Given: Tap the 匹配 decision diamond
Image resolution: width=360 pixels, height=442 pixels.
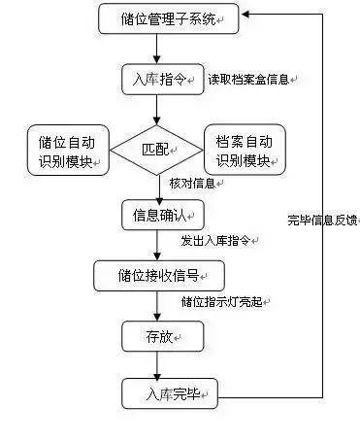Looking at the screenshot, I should coord(160,152).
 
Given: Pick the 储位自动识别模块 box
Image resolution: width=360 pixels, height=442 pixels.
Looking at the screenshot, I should coord(65,151).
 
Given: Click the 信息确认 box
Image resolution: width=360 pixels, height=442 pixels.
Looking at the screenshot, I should coord(161,213).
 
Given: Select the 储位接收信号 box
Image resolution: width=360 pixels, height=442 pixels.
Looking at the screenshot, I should coord(160,274).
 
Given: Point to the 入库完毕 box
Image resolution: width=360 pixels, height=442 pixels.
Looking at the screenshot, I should coord(169,393).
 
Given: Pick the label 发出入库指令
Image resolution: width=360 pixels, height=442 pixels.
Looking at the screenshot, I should coord(219,240).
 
